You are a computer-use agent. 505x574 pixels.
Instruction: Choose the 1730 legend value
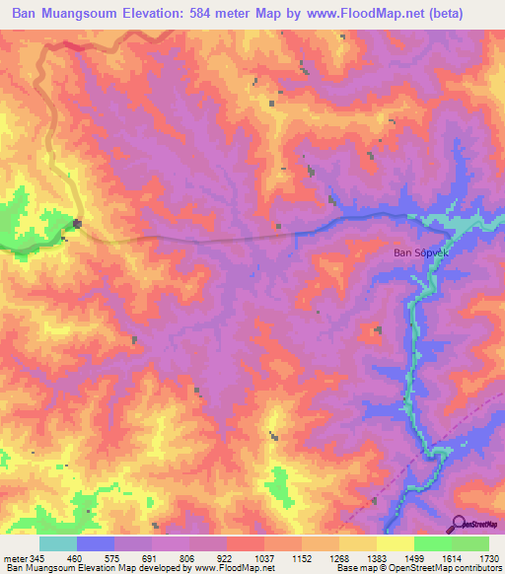point(487,557)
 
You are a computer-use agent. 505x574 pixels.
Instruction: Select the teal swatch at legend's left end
point(57,543)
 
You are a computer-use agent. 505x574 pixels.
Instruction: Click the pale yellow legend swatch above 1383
point(358,543)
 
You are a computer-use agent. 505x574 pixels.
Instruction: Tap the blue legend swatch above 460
point(95,543)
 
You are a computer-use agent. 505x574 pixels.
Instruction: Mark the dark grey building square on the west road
point(77,225)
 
